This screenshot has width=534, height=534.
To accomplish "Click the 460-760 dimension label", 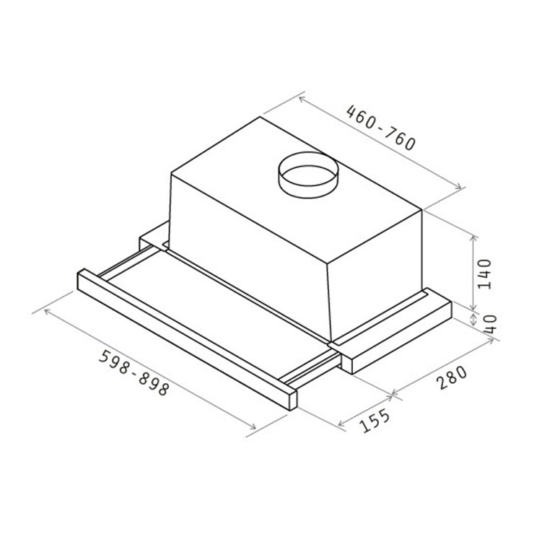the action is pos(380,128).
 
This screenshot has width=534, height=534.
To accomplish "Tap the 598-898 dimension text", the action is pos(133,372).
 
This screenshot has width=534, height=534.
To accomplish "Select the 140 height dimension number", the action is pos(484,273).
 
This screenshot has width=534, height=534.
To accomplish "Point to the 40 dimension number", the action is pos(491,324).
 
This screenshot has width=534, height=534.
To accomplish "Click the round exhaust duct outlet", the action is pos(308,175).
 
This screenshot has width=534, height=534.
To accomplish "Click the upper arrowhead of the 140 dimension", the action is pos(473,238).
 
